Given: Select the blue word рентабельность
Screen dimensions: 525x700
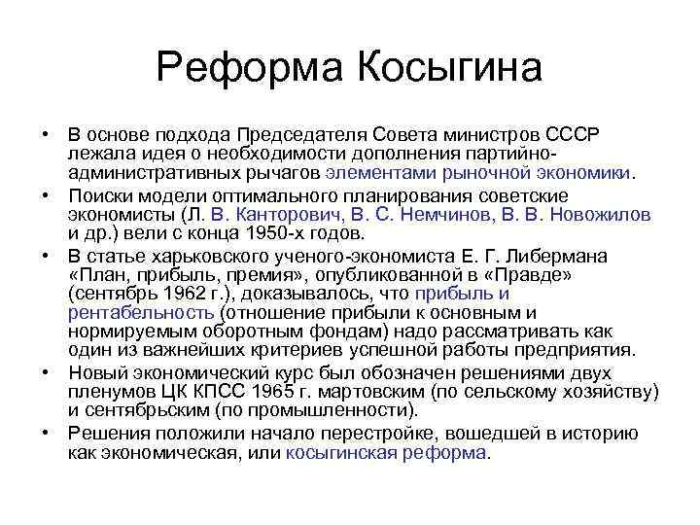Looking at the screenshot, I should (x=142, y=313).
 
